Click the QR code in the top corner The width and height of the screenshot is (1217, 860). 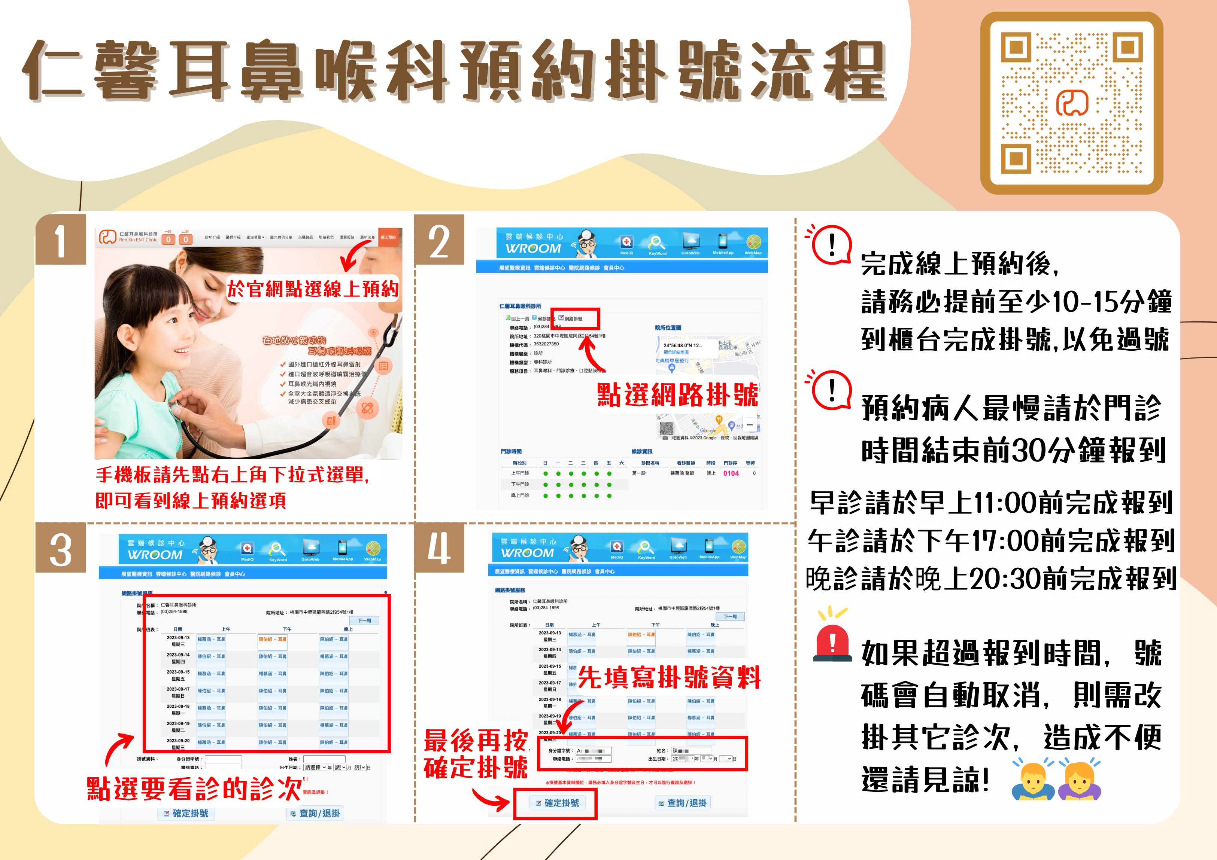(x=1071, y=103)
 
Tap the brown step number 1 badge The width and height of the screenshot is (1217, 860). (x=60, y=240)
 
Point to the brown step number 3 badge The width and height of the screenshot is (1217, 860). (x=60, y=548)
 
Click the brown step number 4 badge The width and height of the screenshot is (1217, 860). (x=439, y=548)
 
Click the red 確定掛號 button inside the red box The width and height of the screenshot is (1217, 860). (x=556, y=803)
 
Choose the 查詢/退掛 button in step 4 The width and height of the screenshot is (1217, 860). (x=683, y=803)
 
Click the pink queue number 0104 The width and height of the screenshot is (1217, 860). (x=731, y=473)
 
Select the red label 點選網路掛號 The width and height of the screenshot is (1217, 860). (x=677, y=395)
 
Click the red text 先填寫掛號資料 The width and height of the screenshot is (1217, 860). (x=669, y=677)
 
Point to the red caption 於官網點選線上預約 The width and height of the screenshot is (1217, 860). (x=313, y=289)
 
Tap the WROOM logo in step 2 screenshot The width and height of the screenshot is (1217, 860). (x=533, y=248)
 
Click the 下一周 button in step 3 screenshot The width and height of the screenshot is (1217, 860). (x=364, y=620)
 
